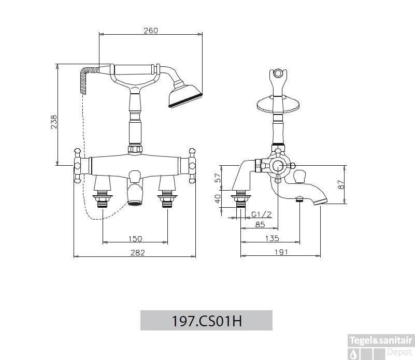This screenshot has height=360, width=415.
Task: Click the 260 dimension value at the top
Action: point(150,31)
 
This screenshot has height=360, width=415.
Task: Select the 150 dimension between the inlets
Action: point(135,238)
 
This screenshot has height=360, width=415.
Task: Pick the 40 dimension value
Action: point(218,198)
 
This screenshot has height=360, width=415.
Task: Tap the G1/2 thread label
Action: point(261,214)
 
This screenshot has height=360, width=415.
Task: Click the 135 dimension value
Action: point(271,238)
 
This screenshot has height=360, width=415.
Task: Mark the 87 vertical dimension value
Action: point(340,185)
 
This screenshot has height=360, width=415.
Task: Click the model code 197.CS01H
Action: point(206,321)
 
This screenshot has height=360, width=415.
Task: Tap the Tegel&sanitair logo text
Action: point(381,340)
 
